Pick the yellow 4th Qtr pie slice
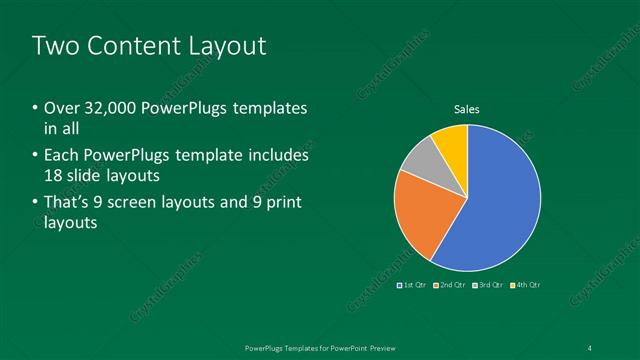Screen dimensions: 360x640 (451, 142)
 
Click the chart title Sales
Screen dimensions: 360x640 (467, 109)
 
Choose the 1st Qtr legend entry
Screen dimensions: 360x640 (414, 286)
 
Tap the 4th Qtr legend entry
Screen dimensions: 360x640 (527, 286)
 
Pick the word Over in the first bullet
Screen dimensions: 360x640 (62, 108)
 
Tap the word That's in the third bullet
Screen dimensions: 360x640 (68, 203)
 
